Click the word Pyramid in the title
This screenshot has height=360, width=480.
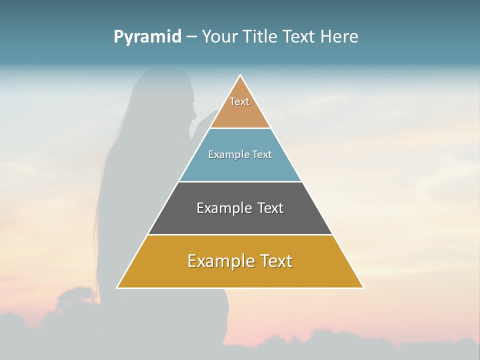[x=147, y=37]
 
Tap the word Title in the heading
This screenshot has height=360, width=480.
[x=260, y=37]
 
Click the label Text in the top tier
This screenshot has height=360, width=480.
[x=239, y=101]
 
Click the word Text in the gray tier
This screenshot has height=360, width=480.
[x=270, y=208]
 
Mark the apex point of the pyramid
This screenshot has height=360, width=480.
[x=240, y=75]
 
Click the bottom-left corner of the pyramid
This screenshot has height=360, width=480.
[x=117, y=287]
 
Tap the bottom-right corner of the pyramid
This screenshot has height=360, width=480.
[x=363, y=287]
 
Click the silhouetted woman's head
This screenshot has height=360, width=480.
[x=170, y=97]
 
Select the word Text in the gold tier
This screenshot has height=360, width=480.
[x=275, y=261]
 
